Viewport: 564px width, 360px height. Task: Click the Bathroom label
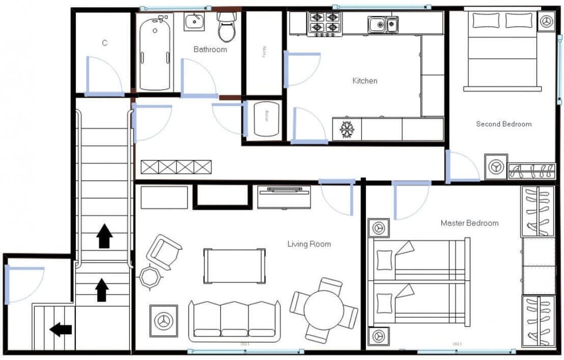tap(210, 49)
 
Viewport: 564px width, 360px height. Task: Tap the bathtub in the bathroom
tap(155, 53)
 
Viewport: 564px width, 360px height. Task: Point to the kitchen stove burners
tap(324, 23)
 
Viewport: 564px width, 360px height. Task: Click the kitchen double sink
tap(383, 25)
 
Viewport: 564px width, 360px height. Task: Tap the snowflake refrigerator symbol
tap(347, 129)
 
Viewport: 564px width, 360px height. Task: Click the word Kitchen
tap(364, 80)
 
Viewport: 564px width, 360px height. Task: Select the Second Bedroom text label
tap(503, 124)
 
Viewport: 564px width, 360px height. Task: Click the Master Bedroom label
tap(469, 223)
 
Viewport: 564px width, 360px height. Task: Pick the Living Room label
tap(308, 244)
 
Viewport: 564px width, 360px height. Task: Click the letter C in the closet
tap(105, 43)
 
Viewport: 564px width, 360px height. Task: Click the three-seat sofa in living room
tap(234, 320)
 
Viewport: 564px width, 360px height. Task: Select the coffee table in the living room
tap(234, 265)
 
